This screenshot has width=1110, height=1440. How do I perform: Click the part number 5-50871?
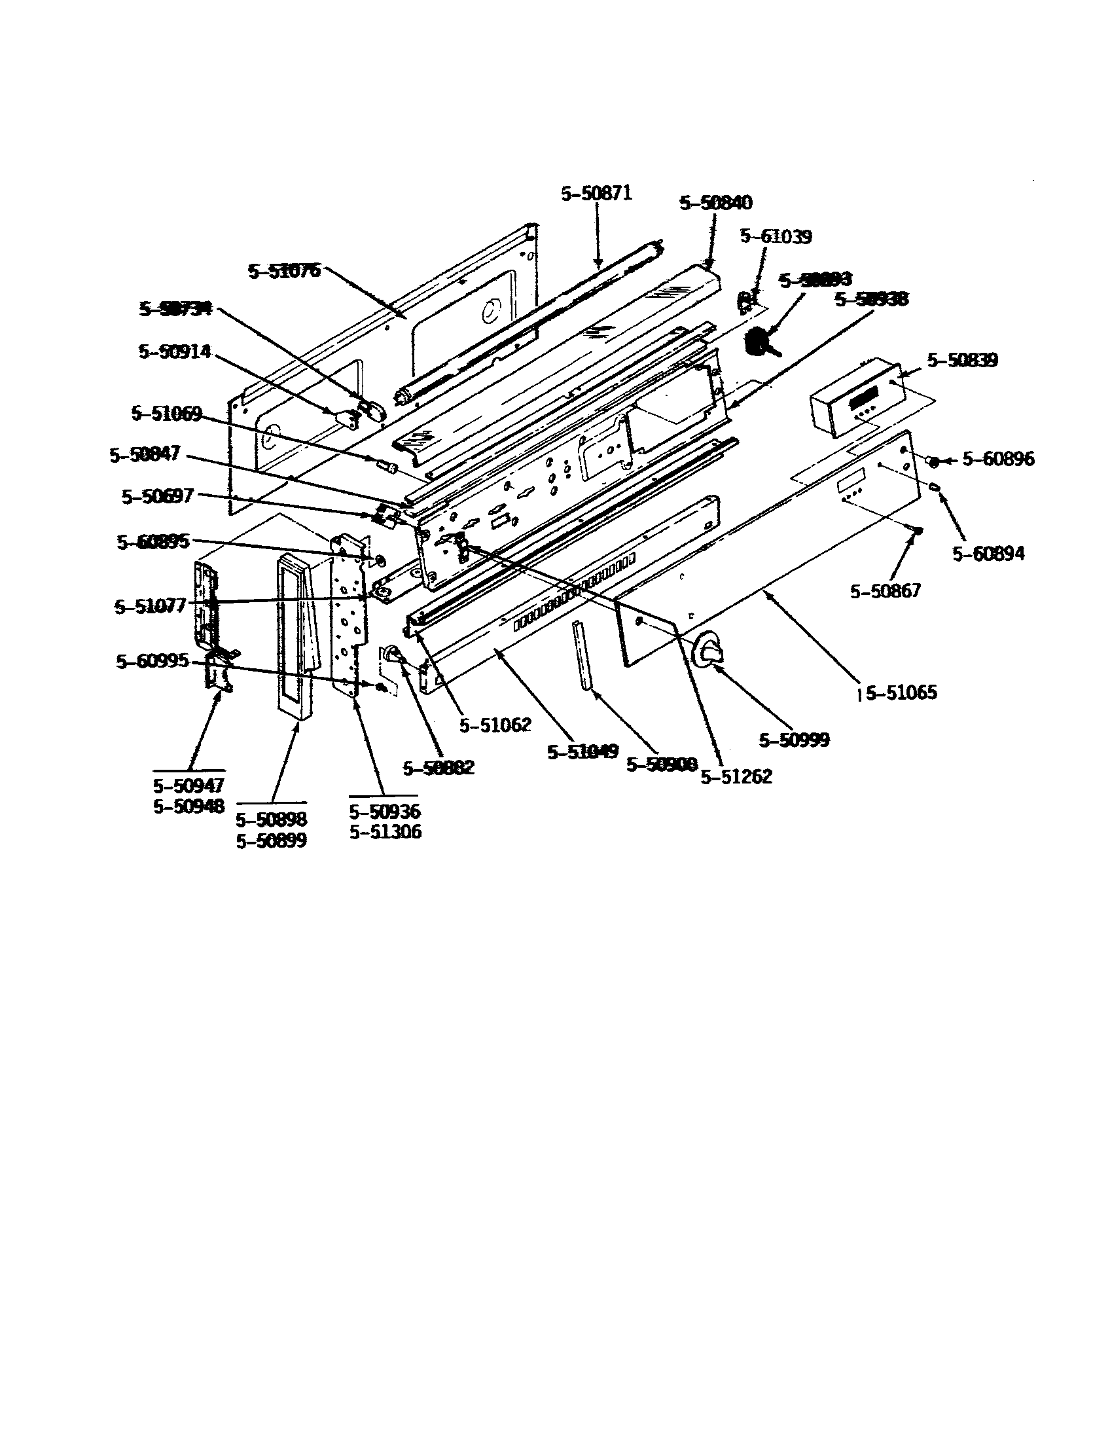click(596, 193)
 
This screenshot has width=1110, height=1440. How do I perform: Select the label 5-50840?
click(715, 202)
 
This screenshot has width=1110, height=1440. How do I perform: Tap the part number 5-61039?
click(776, 236)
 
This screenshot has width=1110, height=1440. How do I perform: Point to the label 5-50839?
click(961, 360)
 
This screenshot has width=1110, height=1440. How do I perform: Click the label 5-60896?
click(998, 458)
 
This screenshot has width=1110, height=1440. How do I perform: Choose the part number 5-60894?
click(988, 554)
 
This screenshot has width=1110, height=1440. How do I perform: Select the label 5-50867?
click(885, 591)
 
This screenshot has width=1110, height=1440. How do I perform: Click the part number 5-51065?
click(901, 693)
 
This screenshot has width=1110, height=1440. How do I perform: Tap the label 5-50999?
click(794, 740)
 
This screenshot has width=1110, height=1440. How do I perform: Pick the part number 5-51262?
click(736, 777)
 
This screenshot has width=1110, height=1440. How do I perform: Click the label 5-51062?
click(495, 725)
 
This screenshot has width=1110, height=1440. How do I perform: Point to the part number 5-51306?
click(385, 832)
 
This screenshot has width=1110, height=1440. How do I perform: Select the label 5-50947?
click(188, 785)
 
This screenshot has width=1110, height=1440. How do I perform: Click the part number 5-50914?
click(175, 351)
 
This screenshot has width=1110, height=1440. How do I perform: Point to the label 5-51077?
click(151, 606)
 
